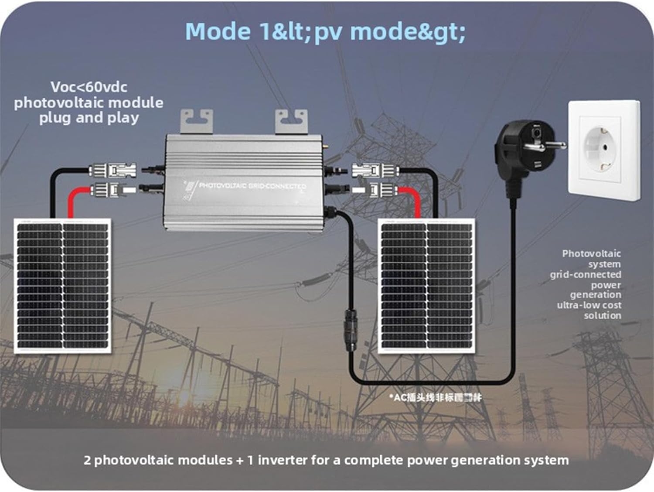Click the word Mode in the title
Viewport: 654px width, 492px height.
(x=217, y=32)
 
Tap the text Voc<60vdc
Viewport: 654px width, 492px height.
(x=89, y=87)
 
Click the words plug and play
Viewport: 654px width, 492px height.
(x=89, y=118)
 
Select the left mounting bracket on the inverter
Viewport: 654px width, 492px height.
(x=197, y=122)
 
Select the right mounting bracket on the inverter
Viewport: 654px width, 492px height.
(x=291, y=122)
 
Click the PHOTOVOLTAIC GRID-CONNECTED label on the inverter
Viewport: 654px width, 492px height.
(x=252, y=186)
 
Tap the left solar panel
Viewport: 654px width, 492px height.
(x=62, y=286)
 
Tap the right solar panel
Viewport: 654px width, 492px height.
(x=426, y=286)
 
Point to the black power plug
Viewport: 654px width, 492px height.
(x=514, y=153)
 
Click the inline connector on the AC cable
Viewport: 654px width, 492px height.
(x=351, y=329)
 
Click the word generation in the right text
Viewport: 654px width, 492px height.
(x=595, y=295)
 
